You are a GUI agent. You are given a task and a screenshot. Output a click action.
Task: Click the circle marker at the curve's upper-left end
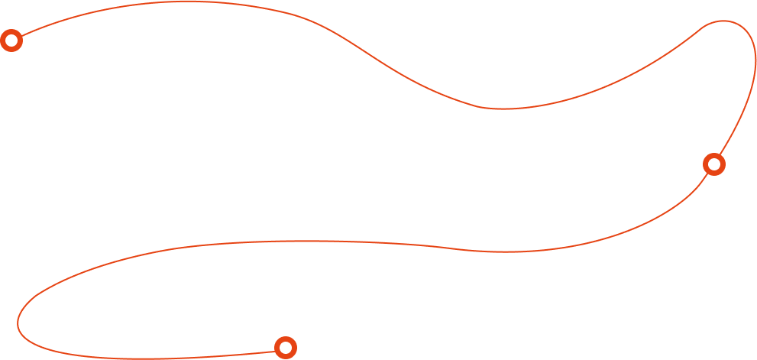click(x=11, y=41)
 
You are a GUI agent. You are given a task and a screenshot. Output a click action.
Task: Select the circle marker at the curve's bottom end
click(x=285, y=348)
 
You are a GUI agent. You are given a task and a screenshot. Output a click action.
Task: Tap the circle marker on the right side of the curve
click(x=713, y=164)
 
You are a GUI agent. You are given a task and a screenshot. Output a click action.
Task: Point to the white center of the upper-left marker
click(x=11, y=41)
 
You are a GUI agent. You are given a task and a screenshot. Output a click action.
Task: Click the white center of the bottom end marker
click(x=285, y=348)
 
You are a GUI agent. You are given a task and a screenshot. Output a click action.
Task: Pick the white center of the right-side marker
click(x=713, y=164)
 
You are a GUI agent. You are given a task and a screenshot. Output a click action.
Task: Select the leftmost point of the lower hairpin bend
click(x=18, y=325)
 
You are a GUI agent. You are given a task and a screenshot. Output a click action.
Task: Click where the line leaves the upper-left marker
click(x=21, y=36)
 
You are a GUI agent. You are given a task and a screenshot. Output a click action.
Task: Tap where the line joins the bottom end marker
click(x=274, y=352)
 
